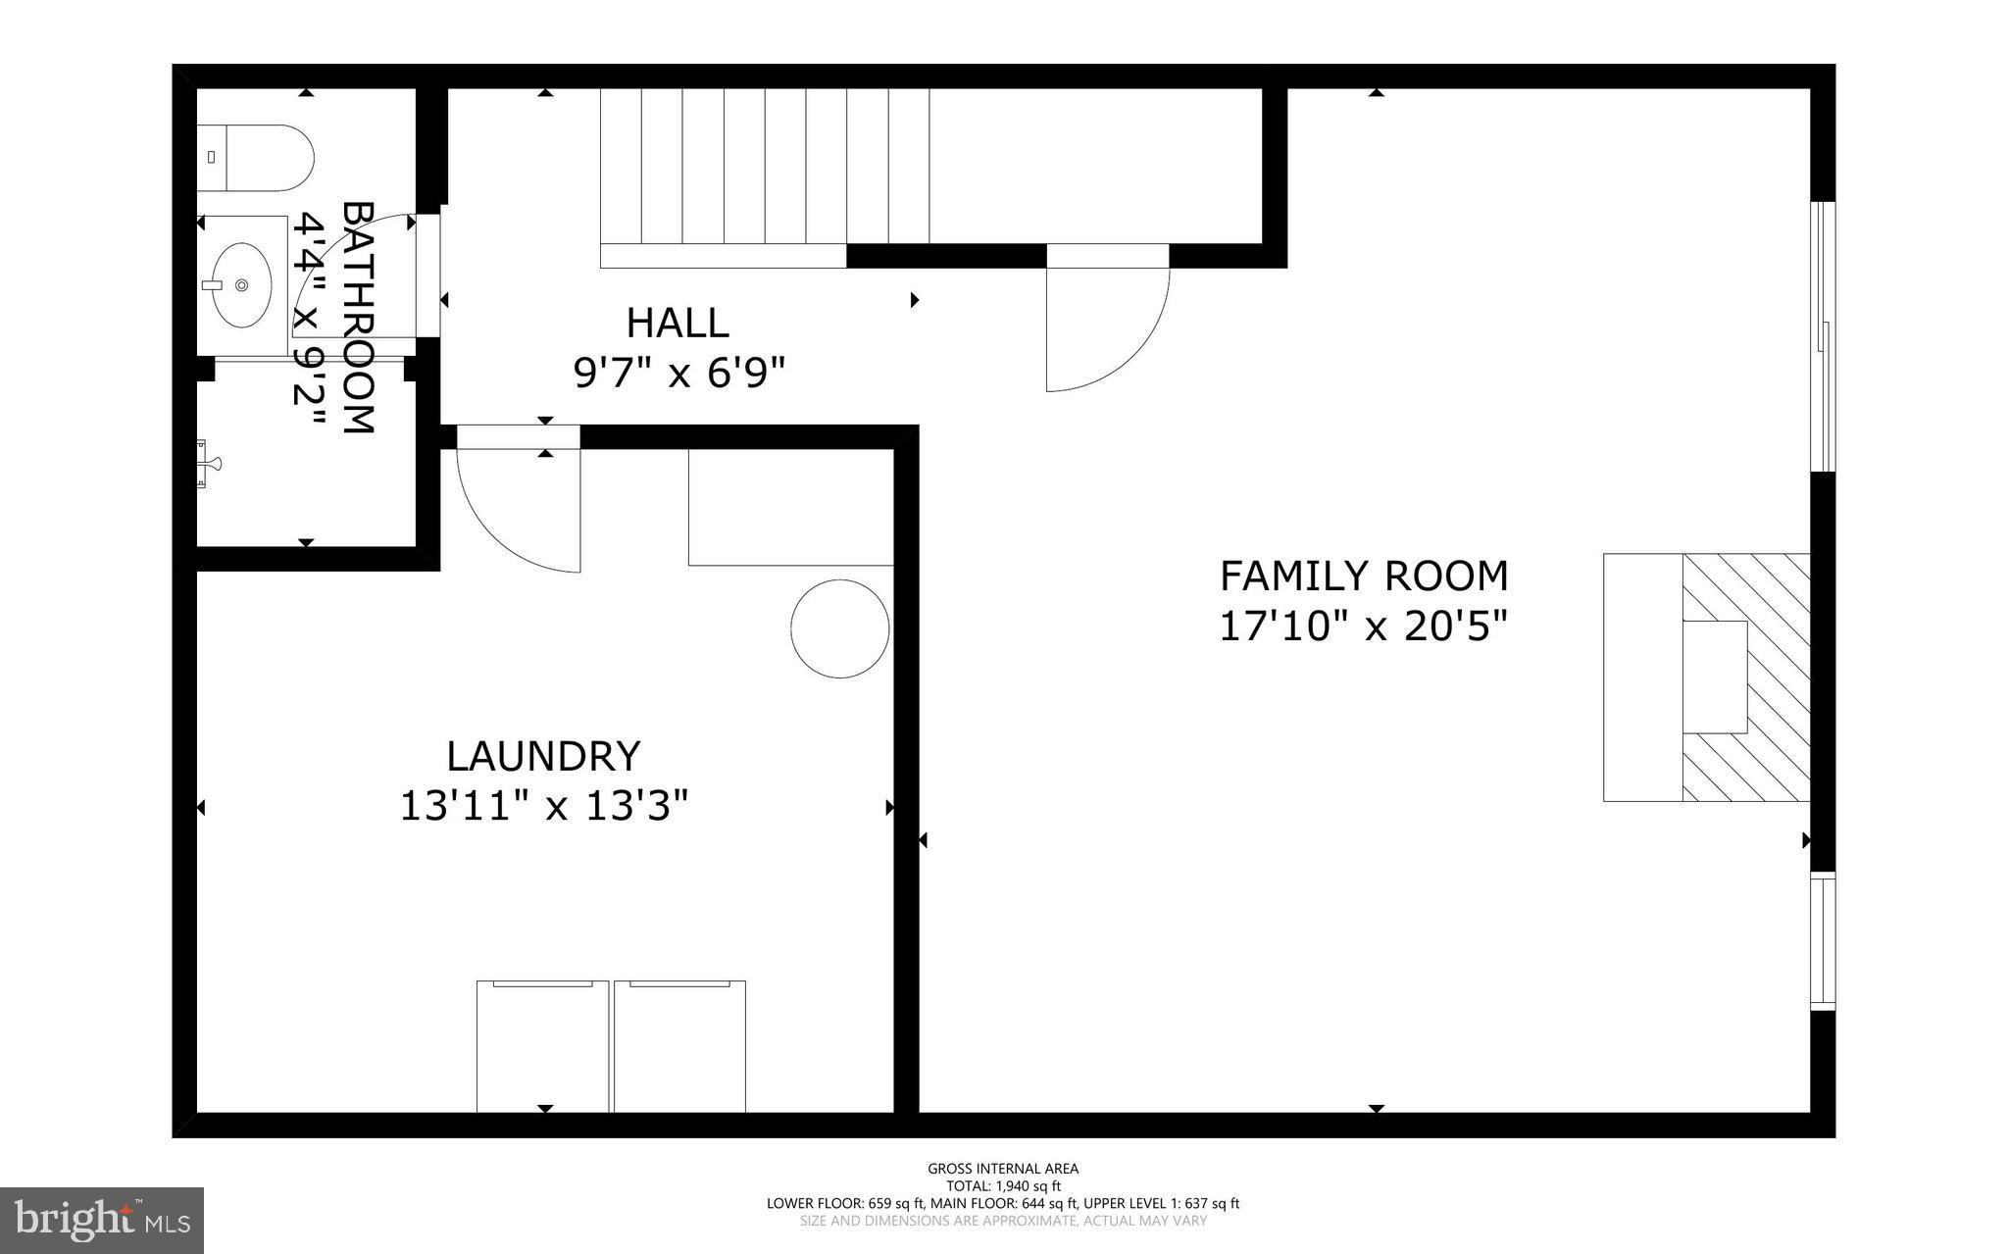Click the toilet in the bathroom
point(257,158)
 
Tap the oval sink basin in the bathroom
point(241,285)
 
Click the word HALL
point(677,324)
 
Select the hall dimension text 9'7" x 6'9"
point(679,374)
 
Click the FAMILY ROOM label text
point(1363,577)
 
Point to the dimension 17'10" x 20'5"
point(1362,627)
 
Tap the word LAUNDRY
point(543,757)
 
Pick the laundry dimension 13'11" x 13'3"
point(544,808)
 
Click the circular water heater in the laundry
point(840,628)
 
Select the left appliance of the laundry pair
point(542,1047)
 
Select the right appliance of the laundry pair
point(679,1047)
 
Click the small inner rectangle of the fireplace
point(1715,677)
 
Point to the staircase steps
point(765,167)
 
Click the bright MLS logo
point(102,1220)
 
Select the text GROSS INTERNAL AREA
point(1003,1169)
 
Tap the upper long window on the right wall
point(1822,336)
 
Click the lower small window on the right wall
point(1822,941)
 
